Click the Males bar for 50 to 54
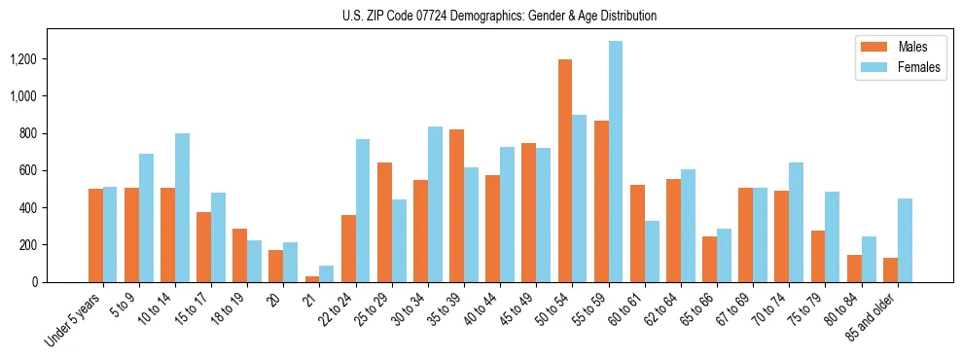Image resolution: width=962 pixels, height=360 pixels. coord(564,170)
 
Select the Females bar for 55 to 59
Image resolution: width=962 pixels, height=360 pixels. coord(615,162)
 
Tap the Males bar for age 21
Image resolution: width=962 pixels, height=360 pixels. coord(311,279)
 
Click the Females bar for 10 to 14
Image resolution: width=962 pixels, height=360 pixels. coord(182,207)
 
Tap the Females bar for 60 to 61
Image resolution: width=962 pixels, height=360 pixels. coord(652,251)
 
